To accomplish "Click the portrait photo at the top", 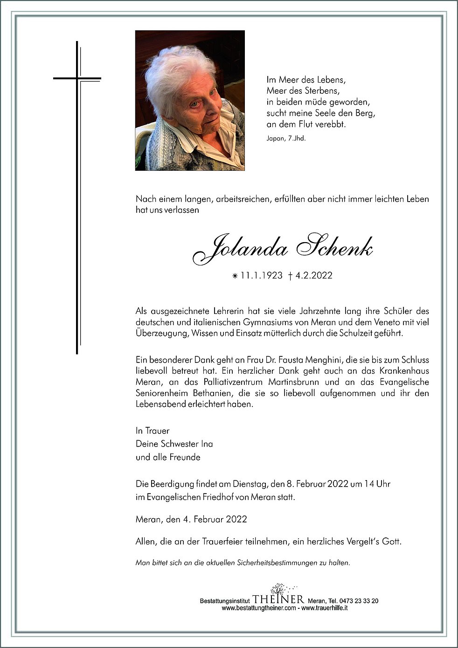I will [190, 100].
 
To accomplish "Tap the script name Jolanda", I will [240, 250].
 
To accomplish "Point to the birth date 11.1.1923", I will [261, 276].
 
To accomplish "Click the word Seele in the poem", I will [321, 113].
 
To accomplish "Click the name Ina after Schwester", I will [207, 444].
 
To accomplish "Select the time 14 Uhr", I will [376, 484].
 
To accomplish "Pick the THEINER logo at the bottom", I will [278, 599].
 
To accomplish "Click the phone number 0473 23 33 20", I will [358, 601].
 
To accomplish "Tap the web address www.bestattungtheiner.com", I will [258, 608].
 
